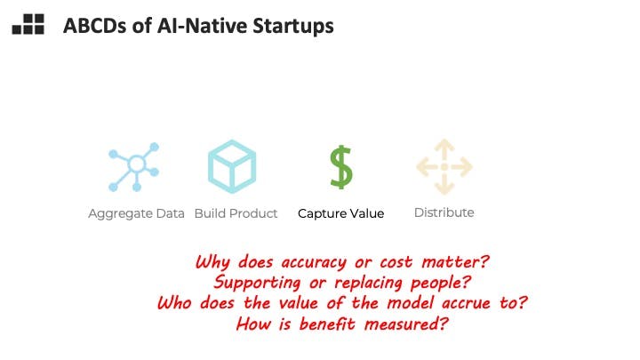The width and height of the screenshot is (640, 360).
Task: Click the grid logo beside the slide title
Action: pos(28,24)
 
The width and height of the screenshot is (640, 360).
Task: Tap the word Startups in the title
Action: pos(293,27)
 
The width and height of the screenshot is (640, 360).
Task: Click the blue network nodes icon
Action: pos(134,167)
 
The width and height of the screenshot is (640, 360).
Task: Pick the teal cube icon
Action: pos(232,166)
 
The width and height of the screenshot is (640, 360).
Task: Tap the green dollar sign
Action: pos(340,167)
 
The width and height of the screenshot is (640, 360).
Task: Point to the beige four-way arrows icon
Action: pos(444,167)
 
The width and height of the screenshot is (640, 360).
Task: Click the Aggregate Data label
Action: pos(136,213)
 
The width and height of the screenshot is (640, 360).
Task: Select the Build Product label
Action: pos(236,213)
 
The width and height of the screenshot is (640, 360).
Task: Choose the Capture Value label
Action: pos(340,213)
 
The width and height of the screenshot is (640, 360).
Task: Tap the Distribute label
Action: pos(444,212)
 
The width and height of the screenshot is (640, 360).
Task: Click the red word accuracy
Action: pos(314,262)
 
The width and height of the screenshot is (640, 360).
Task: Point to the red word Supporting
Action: pos(257,283)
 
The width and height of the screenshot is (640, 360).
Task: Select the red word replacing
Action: pos(368,283)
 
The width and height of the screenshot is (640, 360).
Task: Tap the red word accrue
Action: pos(466,303)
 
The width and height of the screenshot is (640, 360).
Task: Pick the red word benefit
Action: pos(327,324)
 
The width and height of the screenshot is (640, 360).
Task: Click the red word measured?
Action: pos(406,324)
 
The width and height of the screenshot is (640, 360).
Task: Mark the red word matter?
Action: pos(455,261)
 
